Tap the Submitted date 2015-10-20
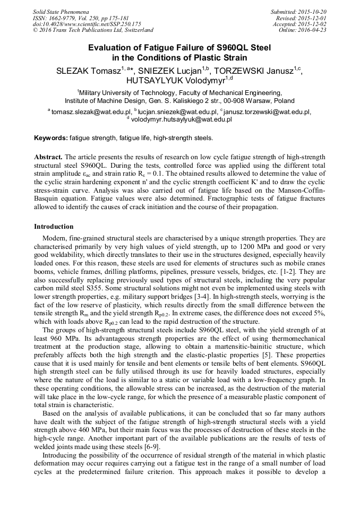pos(314,11)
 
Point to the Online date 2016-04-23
pos(315,30)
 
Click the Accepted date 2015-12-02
pos(314,24)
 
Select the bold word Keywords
pos(50,138)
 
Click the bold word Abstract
pos(48,158)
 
